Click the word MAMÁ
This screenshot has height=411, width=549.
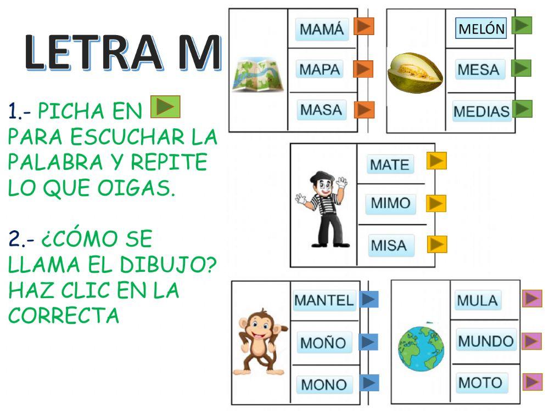coord(322,29)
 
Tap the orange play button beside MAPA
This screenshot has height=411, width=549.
coord(363,68)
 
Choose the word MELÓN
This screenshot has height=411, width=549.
coord(481,29)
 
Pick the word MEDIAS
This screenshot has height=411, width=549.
coord(481,112)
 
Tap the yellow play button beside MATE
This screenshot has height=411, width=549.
coord(437,161)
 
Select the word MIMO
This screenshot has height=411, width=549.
coord(390,203)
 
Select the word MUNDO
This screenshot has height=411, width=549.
coord(485,341)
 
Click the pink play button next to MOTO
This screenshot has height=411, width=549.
coord(532,382)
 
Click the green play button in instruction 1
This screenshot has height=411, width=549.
coord(165,106)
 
